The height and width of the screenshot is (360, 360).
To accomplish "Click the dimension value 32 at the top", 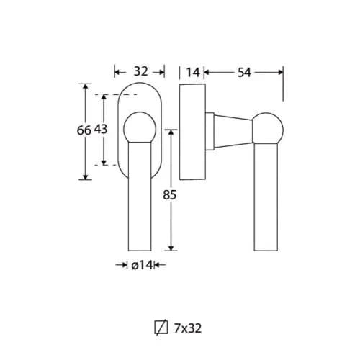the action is tap(141, 71).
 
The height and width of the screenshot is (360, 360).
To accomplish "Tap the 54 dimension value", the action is tap(244, 72).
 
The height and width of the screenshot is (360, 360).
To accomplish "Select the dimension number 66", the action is tap(84, 130).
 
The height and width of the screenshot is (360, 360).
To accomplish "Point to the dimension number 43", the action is tap(100, 130).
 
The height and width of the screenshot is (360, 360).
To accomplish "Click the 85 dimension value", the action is tap(170, 194).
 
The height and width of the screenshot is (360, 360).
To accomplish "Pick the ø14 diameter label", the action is tap(142, 265).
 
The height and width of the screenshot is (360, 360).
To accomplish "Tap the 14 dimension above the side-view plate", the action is tap(193, 72).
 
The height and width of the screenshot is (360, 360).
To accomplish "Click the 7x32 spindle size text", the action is tap(188, 328).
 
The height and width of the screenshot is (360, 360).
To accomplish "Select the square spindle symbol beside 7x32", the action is tap(161, 328).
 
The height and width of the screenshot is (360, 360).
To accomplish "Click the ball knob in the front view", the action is tap(140, 127).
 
